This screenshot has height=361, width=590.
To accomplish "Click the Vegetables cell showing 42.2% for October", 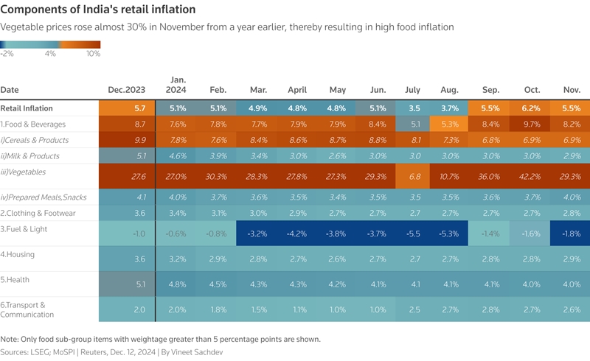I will coord(532,177).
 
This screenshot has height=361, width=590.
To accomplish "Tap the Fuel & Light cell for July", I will coord(413,234).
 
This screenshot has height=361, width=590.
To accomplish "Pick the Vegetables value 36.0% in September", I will coord(491,177).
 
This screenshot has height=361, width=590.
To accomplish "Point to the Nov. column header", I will coord(571,90).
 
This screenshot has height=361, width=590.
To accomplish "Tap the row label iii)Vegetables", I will coord(24,172).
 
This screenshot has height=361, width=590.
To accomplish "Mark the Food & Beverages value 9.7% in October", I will coord(532,124).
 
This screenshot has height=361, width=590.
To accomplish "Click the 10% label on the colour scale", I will coord(94,54).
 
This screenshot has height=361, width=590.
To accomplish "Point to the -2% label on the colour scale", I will coord(7,54).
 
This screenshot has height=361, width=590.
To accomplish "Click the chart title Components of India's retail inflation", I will coord(98,10).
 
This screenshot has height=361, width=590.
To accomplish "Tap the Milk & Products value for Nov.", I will coord(571,156).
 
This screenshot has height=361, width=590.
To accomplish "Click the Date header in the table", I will coord(10,90).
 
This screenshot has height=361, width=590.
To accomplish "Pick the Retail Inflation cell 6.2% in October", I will coord(532,108).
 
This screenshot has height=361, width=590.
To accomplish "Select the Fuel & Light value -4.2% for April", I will coord(298,234).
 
